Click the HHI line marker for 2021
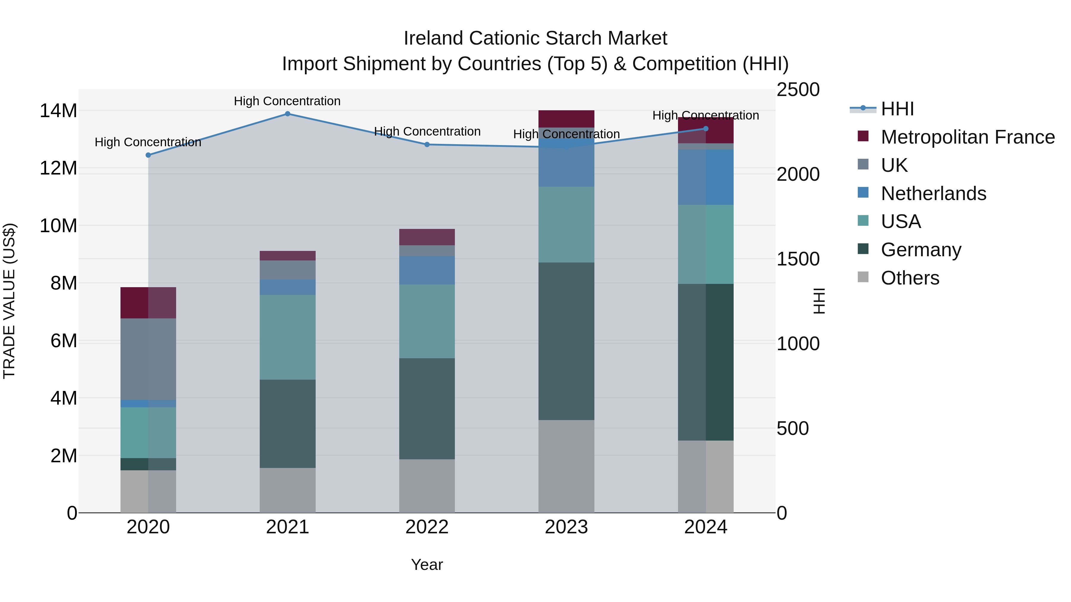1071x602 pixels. click(287, 114)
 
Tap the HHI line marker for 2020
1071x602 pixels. click(148, 155)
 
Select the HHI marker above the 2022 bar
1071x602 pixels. click(427, 144)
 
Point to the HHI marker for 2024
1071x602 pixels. click(706, 129)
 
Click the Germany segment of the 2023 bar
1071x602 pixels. click(566, 341)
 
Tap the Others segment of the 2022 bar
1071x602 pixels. click(427, 486)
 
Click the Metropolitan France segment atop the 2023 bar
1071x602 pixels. click(566, 119)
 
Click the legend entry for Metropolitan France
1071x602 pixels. click(967, 137)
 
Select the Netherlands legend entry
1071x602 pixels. click(933, 194)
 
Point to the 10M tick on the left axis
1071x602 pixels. click(58, 226)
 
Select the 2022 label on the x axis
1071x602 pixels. click(427, 527)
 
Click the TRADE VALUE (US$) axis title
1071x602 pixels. click(9, 301)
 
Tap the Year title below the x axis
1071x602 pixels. click(427, 565)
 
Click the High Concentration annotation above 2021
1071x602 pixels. click(287, 101)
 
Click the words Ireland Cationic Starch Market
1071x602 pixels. click(535, 38)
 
